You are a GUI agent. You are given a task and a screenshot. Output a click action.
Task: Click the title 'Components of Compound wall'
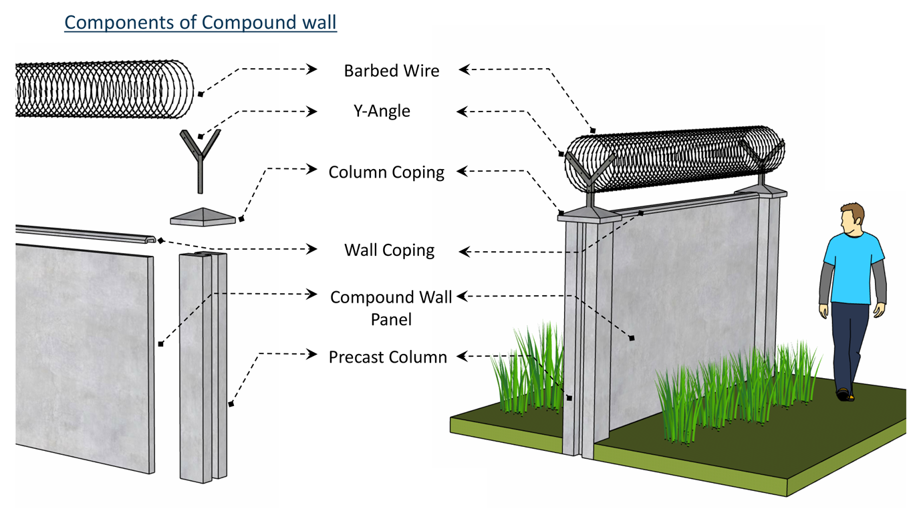(201, 22)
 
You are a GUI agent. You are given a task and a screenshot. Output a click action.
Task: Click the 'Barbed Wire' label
(392, 70)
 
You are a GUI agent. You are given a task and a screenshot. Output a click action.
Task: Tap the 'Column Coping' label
(386, 172)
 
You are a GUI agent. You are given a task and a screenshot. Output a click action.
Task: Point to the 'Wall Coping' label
(389, 250)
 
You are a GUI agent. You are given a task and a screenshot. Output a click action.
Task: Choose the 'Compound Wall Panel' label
(391, 308)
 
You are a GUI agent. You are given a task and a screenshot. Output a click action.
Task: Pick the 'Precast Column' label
(388, 357)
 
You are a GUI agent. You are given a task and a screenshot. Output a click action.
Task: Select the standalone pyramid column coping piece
(203, 216)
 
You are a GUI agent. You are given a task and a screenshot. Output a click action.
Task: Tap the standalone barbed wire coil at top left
(104, 90)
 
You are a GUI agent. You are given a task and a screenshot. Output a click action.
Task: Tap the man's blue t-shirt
(852, 271)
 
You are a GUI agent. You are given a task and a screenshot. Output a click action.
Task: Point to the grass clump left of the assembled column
(528, 374)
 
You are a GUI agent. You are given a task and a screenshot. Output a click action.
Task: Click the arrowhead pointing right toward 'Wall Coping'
(312, 249)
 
